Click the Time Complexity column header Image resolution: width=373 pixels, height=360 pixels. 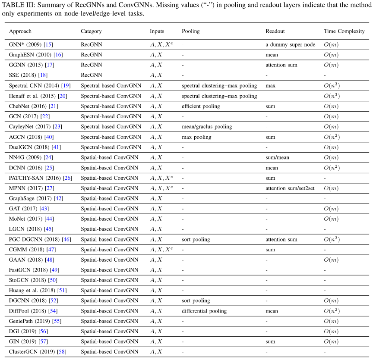coord(344,31)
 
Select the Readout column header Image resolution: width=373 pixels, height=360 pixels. coord(275,31)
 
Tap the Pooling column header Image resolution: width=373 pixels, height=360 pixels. coord(191,31)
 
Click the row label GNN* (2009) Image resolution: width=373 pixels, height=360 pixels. coord(25,44)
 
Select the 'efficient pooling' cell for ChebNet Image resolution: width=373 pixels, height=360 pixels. coord(201,106)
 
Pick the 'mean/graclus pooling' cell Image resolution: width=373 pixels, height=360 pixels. coord(207,127)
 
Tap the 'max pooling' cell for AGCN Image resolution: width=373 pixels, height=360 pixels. coord(196,137)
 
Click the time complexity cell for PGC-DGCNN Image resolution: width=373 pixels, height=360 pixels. coord(332,239)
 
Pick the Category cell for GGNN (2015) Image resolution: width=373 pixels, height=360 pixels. coord(92,65)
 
